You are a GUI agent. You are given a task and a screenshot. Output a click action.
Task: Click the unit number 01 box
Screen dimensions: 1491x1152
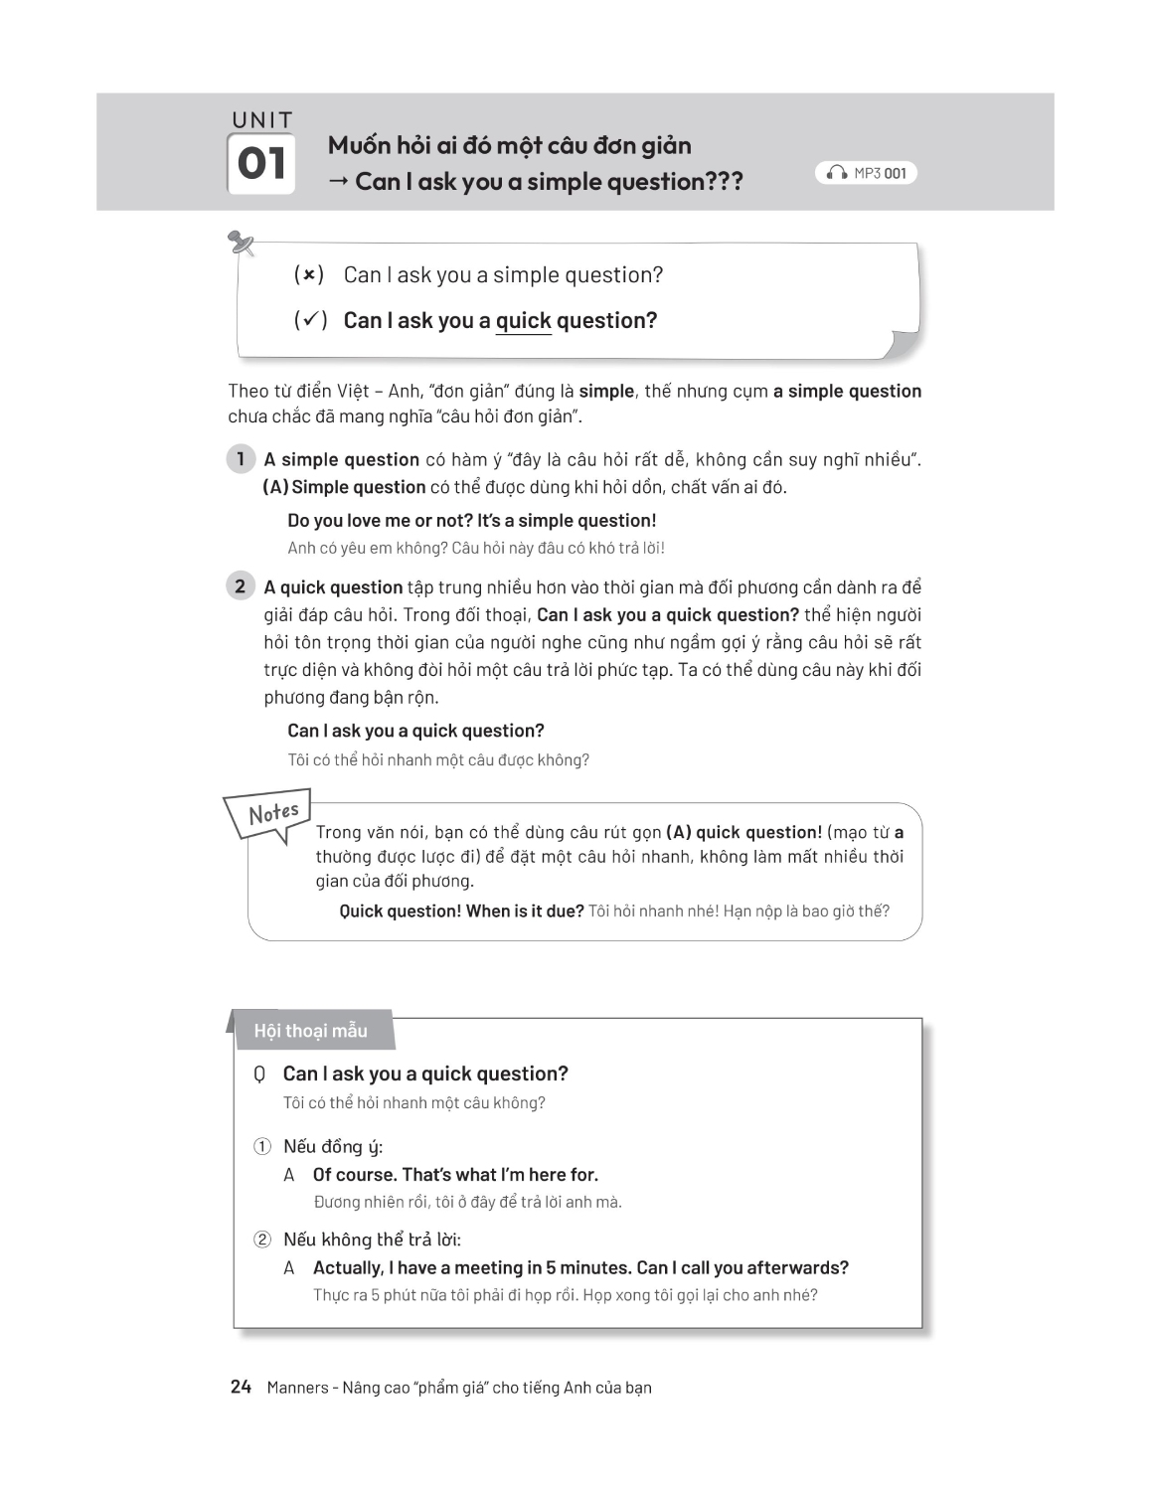click(x=262, y=164)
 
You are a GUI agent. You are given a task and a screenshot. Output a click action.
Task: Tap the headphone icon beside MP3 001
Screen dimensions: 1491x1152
click(x=837, y=173)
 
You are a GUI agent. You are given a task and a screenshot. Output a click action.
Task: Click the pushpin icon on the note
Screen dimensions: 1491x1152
click(x=241, y=242)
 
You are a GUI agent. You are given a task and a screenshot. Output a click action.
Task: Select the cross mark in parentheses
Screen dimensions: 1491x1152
click(x=309, y=274)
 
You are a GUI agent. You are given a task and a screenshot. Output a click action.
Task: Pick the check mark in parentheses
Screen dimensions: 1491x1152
click(x=310, y=320)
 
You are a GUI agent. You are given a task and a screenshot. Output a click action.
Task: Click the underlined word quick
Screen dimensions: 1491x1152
click(x=523, y=321)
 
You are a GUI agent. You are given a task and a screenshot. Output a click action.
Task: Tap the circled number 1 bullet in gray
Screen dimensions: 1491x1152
click(x=240, y=459)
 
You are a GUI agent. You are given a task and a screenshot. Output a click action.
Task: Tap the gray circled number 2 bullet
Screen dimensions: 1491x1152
click(x=240, y=586)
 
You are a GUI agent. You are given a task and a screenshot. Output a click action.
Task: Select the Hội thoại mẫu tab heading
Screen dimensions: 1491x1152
click(x=311, y=1031)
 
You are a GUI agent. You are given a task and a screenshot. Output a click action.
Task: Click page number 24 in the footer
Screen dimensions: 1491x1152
click(x=241, y=1387)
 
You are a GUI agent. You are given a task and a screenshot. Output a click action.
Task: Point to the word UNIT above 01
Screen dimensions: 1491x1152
click(x=262, y=120)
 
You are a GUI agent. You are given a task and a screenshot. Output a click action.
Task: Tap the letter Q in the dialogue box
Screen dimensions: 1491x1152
click(x=259, y=1075)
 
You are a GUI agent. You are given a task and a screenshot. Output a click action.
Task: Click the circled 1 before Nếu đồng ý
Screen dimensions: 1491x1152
click(x=262, y=1147)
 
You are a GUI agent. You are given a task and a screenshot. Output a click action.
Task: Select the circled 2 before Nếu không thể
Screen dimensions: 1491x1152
click(x=262, y=1240)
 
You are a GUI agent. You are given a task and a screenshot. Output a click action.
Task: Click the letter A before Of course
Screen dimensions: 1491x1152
click(x=289, y=1175)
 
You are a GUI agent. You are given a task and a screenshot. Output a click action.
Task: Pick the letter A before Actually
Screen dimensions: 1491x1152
click(x=289, y=1268)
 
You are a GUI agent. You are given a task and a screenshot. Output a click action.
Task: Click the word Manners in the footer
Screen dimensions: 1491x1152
click(x=297, y=1388)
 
